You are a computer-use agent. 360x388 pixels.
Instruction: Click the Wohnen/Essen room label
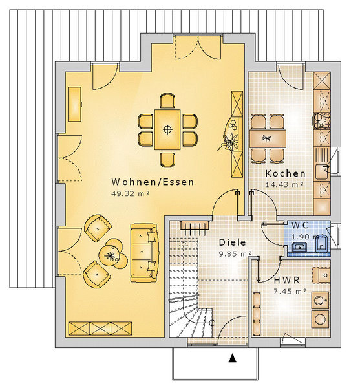(153, 182)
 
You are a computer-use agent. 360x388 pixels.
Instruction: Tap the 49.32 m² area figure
(130, 193)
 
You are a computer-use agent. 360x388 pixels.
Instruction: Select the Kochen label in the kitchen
(285, 173)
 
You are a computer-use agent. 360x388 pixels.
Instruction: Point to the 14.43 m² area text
(284, 184)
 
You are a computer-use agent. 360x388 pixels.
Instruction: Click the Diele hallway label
(232, 242)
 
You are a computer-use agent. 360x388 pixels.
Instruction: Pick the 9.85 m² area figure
(235, 253)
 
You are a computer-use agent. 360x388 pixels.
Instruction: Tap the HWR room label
(287, 281)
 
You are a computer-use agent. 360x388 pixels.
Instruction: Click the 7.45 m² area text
(290, 292)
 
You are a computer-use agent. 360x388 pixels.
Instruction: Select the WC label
(300, 226)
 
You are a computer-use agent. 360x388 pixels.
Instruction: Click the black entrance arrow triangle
(232, 358)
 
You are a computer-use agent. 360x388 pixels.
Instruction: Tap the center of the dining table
(167, 129)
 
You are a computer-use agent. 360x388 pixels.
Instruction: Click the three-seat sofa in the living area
(144, 253)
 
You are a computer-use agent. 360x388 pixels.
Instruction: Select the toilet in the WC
(322, 244)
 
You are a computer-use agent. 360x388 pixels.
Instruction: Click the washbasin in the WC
(299, 247)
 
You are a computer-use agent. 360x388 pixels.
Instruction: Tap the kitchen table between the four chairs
(268, 138)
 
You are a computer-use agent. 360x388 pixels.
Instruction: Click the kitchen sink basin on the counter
(322, 171)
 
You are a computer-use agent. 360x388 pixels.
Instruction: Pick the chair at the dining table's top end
(167, 101)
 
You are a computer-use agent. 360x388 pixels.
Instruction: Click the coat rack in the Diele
(195, 227)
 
